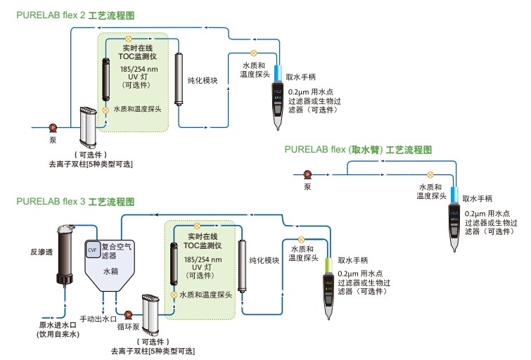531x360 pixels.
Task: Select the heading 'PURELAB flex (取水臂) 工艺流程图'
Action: click(357, 150)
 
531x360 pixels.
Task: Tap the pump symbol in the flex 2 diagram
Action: click(53, 127)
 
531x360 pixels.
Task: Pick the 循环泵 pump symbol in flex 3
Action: click(129, 316)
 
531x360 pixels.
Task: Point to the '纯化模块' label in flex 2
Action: click(203, 81)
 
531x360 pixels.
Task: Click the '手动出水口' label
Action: click(98, 319)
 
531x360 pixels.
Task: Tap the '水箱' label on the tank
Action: click(112, 270)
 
